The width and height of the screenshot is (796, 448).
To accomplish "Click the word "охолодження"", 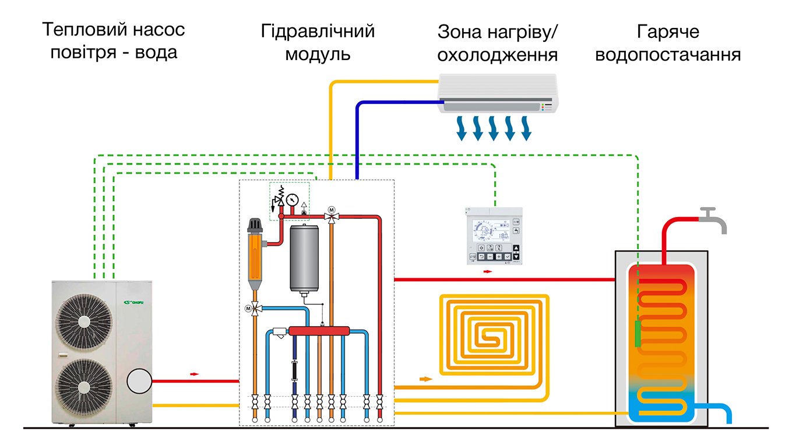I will tap(497, 55).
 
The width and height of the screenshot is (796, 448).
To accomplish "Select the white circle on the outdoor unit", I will tap(139, 381).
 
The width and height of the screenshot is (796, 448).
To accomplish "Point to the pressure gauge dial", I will tap(292, 199).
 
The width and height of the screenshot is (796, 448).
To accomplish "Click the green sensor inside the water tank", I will tap(638, 333).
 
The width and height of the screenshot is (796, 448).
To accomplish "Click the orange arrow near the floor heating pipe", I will tap(426, 379).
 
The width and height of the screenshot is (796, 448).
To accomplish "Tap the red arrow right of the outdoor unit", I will tap(194, 374).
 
